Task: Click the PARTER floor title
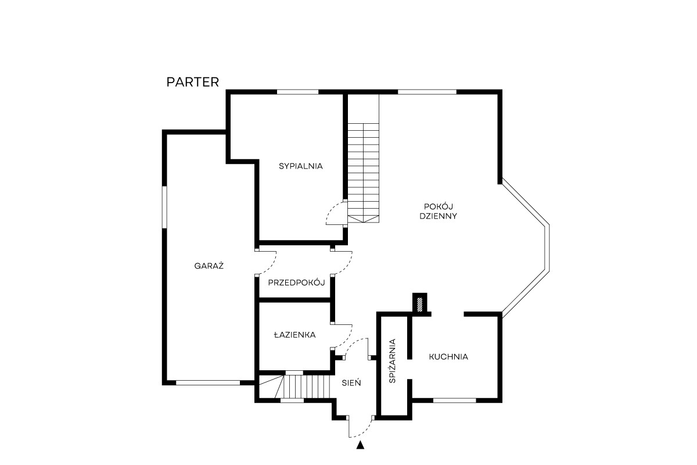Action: coord(193,82)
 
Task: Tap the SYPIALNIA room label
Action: coord(301,166)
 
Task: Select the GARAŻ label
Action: coord(209,266)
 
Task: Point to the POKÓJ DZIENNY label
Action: coord(438,211)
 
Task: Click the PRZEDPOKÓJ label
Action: coord(296,282)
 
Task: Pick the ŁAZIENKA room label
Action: coord(294,335)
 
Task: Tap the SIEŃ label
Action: coord(351,383)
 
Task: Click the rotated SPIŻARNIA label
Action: coord(393,361)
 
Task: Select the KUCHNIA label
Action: coord(448,357)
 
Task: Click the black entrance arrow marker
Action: coord(360,445)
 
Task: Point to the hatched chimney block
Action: coord(420,305)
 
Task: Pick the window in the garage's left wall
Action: coord(164,207)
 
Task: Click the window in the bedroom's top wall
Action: coord(298,92)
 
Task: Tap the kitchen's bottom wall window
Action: coord(455,400)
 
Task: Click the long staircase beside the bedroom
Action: coord(363,159)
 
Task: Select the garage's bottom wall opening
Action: coord(208,383)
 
